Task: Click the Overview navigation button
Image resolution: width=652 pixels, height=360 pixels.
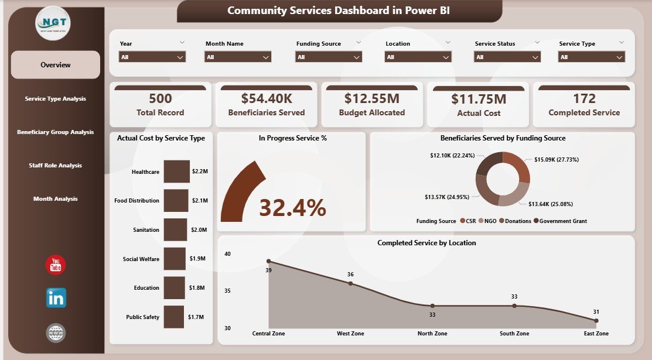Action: pyautogui.click(x=56, y=65)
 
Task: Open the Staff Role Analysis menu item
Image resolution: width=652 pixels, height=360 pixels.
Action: pyautogui.click(x=56, y=166)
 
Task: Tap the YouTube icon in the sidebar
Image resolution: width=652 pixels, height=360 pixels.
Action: pyautogui.click(x=56, y=265)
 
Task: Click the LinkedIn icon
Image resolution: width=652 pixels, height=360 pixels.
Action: pyautogui.click(x=56, y=298)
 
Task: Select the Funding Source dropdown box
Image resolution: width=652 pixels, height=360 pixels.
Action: pyautogui.click(x=329, y=57)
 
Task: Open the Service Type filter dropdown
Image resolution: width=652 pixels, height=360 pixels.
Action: pyautogui.click(x=592, y=57)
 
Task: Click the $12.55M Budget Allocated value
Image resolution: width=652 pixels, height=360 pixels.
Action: pyautogui.click(x=372, y=98)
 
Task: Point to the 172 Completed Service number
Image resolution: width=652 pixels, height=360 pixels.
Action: pyautogui.click(x=584, y=98)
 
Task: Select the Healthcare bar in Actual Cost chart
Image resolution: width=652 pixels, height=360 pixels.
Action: pyautogui.click(x=176, y=172)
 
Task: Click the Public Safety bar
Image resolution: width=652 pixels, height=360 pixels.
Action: pyautogui.click(x=174, y=317)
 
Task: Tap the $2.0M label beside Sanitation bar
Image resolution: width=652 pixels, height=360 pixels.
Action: pyautogui.click(x=199, y=230)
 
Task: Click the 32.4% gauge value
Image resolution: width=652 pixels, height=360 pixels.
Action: pyautogui.click(x=292, y=207)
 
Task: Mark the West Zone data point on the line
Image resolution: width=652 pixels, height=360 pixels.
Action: pyautogui.click(x=350, y=283)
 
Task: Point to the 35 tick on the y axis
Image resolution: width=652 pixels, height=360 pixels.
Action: pyautogui.click(x=227, y=291)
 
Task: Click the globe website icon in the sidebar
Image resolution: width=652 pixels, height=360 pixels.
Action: pyautogui.click(x=56, y=333)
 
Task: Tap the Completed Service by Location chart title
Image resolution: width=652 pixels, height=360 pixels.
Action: pyautogui.click(x=426, y=243)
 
